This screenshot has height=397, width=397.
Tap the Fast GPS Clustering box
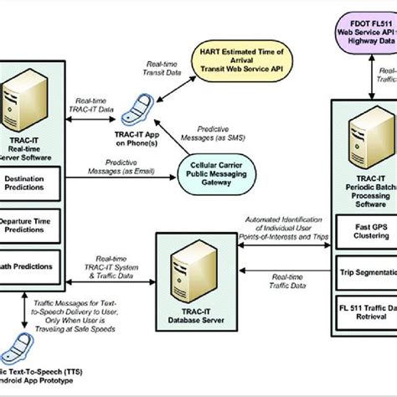tap(365, 228)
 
